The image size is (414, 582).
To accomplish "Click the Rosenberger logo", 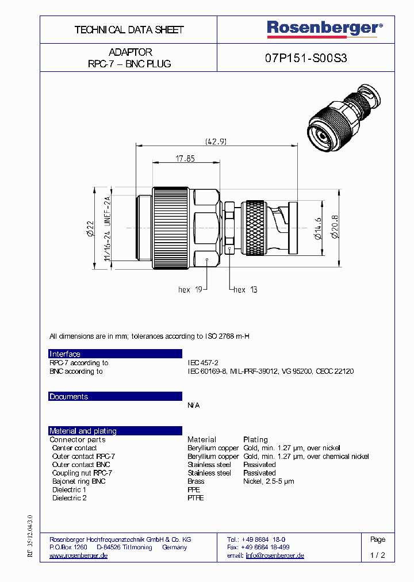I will pos(324,29).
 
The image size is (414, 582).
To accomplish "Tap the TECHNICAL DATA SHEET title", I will pos(129,30).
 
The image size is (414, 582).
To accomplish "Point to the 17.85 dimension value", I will pos(185,158).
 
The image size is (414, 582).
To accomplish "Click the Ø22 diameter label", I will pos(90,227).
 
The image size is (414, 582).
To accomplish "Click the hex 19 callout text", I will pos(191,290).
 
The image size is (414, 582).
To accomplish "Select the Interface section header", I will pos(65,354).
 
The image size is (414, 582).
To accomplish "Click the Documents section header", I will pos(69,397).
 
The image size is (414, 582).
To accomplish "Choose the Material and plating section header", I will pos(83,431).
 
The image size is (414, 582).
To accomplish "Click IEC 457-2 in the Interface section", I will pos(203,363).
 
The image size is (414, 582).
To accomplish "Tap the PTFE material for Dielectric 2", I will pos(195,498).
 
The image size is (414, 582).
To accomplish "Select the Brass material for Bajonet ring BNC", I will pos(195,481).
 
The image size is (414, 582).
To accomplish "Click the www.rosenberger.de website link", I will pos(78,556).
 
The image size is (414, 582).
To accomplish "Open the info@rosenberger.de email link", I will pos(275,556).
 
